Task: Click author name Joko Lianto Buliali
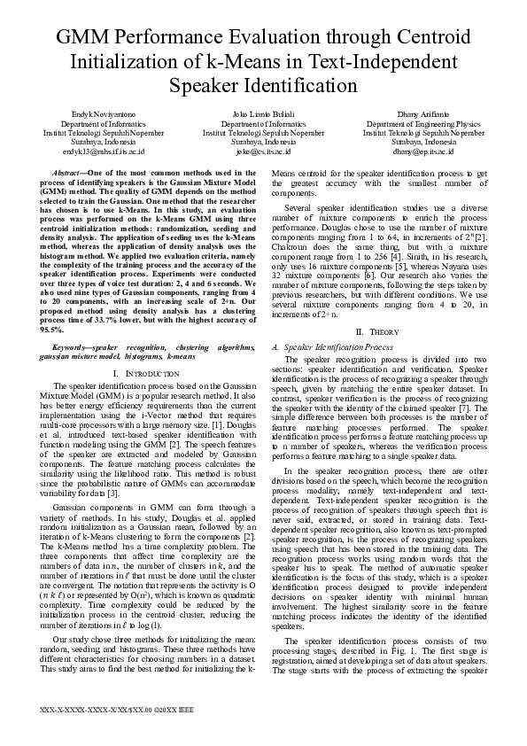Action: tap(263, 115)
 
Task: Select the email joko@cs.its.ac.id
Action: tap(263, 152)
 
